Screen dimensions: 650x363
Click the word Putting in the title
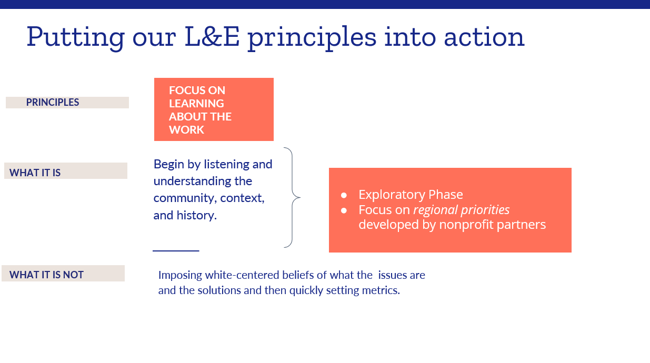75,38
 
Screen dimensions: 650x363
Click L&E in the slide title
212,36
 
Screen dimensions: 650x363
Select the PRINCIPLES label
53,102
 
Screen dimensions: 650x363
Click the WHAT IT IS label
35,173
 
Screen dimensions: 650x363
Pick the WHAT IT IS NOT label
46,275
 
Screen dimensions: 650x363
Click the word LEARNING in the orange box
196,103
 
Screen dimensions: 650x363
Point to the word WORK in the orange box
187,130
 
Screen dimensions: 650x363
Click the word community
185,198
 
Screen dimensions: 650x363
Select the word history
197,215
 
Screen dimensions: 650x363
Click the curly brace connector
293,198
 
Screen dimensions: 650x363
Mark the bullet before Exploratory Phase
344,195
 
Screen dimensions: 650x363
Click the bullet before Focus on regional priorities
344,210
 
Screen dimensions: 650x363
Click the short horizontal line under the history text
176,251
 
